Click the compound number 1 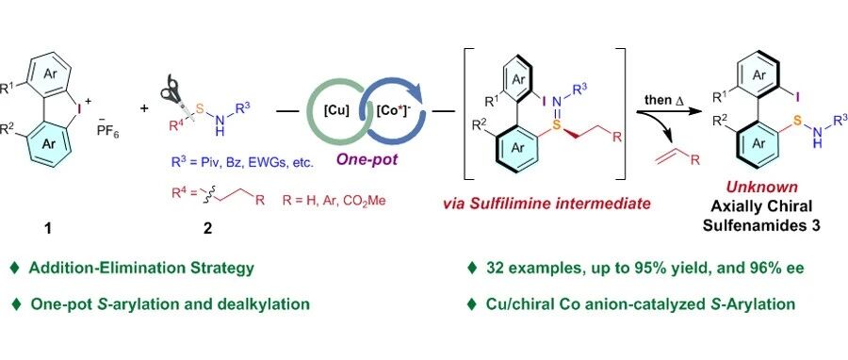(49, 228)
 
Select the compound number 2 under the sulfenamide (207, 228)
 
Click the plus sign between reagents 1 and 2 (144, 108)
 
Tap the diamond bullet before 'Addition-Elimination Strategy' (14, 268)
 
